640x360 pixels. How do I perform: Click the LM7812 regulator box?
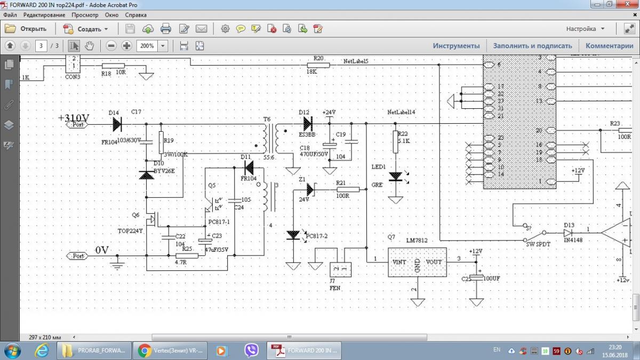click(417, 262)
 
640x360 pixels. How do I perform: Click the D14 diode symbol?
click(117, 124)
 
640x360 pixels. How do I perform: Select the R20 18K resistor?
click(318, 65)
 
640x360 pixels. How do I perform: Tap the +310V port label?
click(78, 125)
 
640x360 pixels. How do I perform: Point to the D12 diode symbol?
click(308, 124)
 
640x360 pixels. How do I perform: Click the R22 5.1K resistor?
click(395, 142)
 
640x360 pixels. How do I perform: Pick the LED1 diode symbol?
click(395, 176)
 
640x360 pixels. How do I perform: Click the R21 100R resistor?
click(348, 189)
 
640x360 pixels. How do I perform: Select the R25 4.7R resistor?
click(187, 256)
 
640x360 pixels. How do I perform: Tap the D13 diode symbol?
click(569, 233)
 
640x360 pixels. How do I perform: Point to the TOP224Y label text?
click(131, 231)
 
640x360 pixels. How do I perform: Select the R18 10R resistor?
click(113, 66)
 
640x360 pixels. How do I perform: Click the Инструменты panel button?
click(456, 46)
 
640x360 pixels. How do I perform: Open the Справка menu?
click(135, 15)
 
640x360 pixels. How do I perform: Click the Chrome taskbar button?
click(170, 350)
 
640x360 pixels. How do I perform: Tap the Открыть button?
click(27, 29)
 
